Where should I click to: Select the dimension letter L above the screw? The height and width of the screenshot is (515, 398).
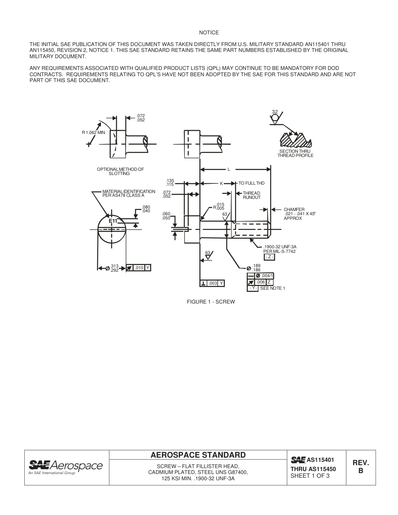[229, 170]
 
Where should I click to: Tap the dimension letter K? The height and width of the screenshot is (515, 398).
[221, 183]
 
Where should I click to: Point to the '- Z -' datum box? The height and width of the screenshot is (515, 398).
[269, 257]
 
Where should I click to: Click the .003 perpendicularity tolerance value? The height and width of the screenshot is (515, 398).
[213, 283]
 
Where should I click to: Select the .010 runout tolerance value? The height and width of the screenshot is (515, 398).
[139, 268]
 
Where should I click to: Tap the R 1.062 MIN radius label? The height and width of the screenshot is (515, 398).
[93, 132]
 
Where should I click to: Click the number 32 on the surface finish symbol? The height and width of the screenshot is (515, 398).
[275, 112]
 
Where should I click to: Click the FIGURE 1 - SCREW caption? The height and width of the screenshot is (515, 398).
[211, 302]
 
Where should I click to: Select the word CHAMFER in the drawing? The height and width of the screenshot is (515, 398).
[294, 209]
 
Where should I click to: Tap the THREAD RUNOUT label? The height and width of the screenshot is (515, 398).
[251, 195]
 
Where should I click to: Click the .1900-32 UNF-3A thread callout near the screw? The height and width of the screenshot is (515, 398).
[279, 247]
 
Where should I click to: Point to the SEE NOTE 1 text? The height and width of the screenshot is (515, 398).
[272, 288]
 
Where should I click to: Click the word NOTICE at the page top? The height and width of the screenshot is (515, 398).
[209, 33]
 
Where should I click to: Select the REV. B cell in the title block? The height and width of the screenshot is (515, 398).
[360, 467]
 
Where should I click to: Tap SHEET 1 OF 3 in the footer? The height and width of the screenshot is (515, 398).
[310, 476]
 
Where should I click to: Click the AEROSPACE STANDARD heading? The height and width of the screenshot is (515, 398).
[198, 455]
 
